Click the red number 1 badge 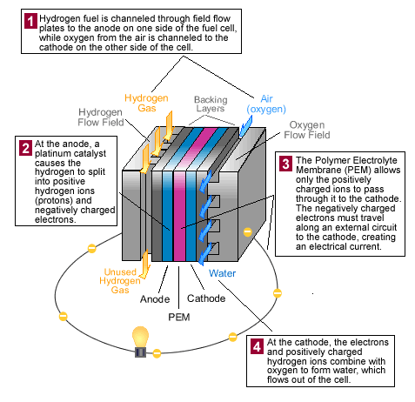click(30, 21)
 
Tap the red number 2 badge click(25, 148)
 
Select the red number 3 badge click(285, 164)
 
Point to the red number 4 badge click(257, 346)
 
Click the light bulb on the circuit click(140, 342)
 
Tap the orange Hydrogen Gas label click(146, 103)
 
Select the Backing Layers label click(211, 104)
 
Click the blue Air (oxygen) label click(266, 104)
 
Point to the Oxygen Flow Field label click(307, 130)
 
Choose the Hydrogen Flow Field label click(101, 117)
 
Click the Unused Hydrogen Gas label click(120, 281)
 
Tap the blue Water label click(222, 273)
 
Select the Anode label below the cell click(155, 299)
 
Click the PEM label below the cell click(179, 317)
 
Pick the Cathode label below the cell click(206, 298)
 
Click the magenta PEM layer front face click(179, 216)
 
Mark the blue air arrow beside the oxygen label click(245, 126)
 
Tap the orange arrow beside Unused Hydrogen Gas click(145, 264)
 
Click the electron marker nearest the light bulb click(157, 353)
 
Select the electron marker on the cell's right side click(247, 232)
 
